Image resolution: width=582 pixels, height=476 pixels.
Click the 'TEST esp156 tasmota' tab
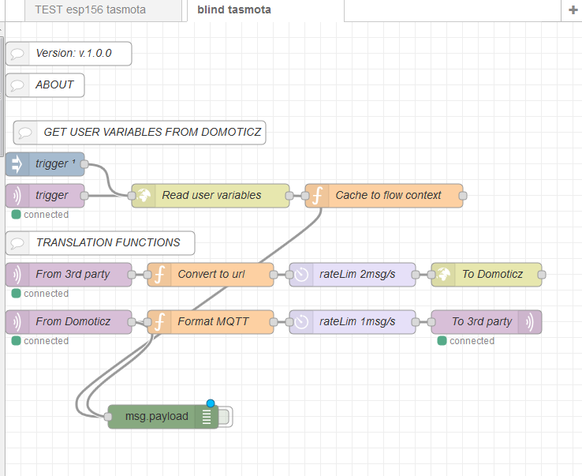click(90, 10)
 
